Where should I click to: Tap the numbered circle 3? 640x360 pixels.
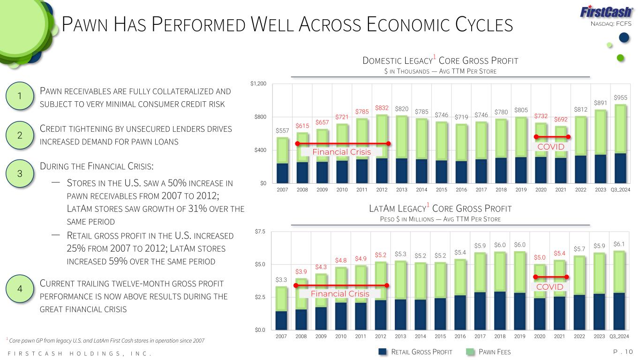pyautogui.click(x=20, y=173)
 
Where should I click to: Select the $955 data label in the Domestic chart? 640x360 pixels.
pyautogui.click(x=620, y=97)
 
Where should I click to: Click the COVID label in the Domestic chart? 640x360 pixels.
pyautogui.click(x=551, y=147)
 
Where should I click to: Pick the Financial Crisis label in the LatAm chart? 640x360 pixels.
pyautogui.click(x=340, y=294)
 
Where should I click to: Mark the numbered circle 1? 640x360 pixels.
pyautogui.click(x=20, y=97)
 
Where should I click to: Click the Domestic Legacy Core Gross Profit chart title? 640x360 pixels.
pyautogui.click(x=440, y=61)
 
